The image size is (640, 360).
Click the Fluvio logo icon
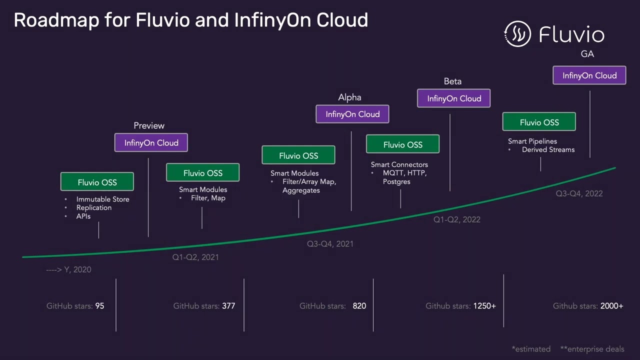pyautogui.click(x=517, y=34)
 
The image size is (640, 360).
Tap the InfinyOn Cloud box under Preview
pyautogui.click(x=151, y=142)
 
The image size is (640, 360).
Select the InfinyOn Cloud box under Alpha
pyautogui.click(x=352, y=114)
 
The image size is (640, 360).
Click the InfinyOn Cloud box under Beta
pyautogui.click(x=454, y=98)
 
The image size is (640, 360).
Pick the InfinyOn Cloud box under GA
pyautogui.click(x=589, y=75)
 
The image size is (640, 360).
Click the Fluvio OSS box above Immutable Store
pyautogui.click(x=97, y=182)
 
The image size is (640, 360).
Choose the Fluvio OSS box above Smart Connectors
pyautogui.click(x=402, y=144)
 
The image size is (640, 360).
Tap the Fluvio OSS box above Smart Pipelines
pyautogui.click(x=539, y=122)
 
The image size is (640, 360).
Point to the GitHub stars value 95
pyautogui.click(x=99, y=305)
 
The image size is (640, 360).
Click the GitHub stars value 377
pyautogui.click(x=228, y=305)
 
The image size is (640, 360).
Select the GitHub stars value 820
pyautogui.click(x=359, y=305)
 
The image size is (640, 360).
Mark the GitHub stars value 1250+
pyautogui.click(x=484, y=305)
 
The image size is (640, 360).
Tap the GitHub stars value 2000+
pyautogui.click(x=612, y=305)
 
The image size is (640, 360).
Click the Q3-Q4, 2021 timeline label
pyautogui.click(x=330, y=243)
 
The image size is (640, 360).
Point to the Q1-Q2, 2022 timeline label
pyautogui.click(x=456, y=219)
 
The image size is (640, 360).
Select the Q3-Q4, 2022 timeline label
pyautogui.click(x=579, y=193)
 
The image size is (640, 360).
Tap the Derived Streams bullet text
pyautogui.click(x=548, y=149)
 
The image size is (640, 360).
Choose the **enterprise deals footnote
pyautogui.click(x=592, y=349)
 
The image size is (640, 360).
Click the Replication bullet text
pyautogui.click(x=94, y=207)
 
